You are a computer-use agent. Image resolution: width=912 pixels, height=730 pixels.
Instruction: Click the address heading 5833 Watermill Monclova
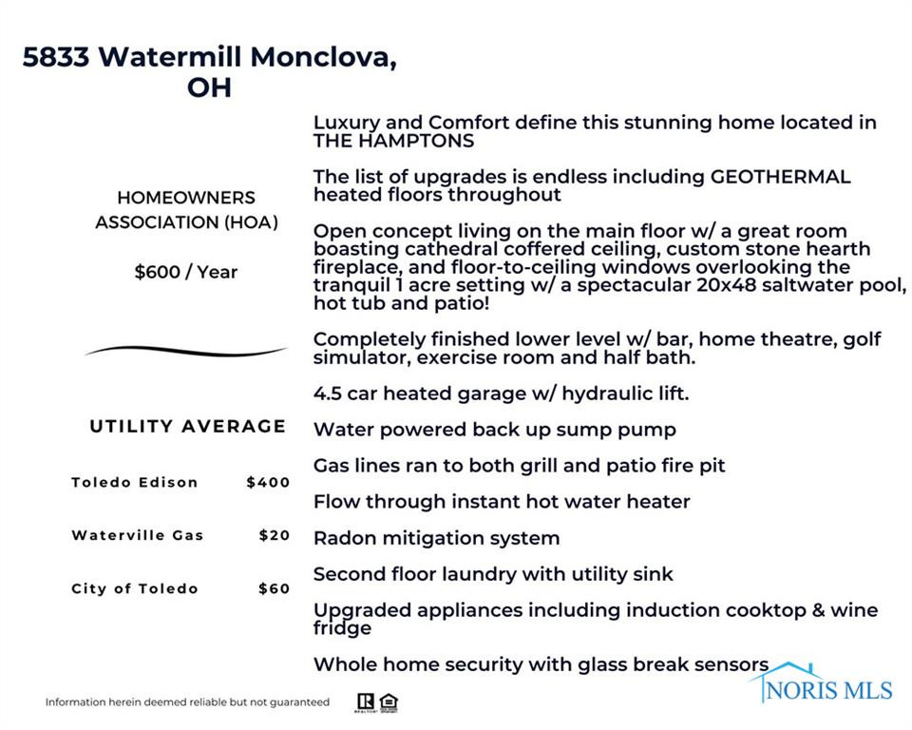click(x=209, y=57)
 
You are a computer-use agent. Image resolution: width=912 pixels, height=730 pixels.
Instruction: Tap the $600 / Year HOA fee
click(x=186, y=272)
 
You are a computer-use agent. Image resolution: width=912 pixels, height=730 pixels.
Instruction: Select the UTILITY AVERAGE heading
click(x=187, y=426)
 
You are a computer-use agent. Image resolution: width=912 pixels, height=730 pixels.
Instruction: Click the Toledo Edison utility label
click(x=135, y=482)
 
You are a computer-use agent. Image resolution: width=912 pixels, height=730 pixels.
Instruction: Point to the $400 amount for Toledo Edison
click(x=268, y=482)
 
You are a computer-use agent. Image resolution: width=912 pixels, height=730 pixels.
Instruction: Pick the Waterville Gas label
click(x=138, y=535)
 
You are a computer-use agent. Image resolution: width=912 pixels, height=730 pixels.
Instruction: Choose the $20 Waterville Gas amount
click(x=274, y=535)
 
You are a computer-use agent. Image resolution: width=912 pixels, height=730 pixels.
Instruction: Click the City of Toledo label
click(x=135, y=588)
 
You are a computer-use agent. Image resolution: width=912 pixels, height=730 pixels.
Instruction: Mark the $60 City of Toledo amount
click(x=274, y=588)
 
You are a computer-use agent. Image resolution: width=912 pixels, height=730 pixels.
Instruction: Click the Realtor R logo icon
click(x=365, y=703)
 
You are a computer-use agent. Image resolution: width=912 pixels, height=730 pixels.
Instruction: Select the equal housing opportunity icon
click(x=388, y=703)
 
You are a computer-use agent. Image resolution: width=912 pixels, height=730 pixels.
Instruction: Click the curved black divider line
click(x=186, y=351)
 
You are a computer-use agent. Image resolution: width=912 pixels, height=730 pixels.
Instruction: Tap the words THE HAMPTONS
click(x=393, y=141)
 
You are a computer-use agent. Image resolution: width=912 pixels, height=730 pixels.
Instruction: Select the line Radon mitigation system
click(x=436, y=538)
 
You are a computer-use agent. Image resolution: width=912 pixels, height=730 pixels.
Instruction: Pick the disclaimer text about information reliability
click(x=187, y=702)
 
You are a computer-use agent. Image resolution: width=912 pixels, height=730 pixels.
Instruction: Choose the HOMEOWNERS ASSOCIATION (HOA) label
click(x=186, y=210)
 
